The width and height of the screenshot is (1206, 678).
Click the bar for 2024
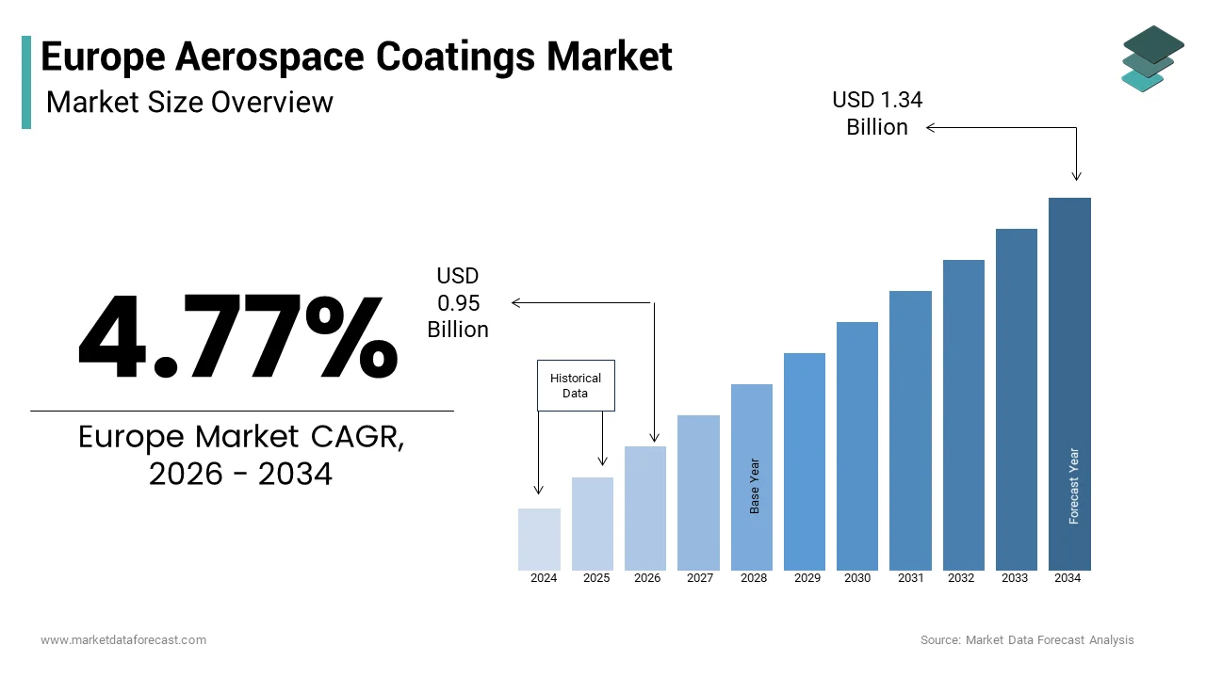pyautogui.click(x=539, y=539)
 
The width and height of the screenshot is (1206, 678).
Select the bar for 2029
pyautogui.click(x=804, y=461)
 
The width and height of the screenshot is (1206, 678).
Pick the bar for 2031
pyautogui.click(x=910, y=430)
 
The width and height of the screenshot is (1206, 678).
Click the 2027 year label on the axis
pyautogui.click(x=699, y=578)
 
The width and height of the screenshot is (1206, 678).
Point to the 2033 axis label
pyautogui.click(x=1015, y=578)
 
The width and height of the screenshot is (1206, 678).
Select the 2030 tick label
pyautogui.click(x=857, y=578)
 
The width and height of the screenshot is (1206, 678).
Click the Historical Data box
pyautogui.click(x=576, y=385)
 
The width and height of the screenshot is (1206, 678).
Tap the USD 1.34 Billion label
pyautogui.click(x=877, y=113)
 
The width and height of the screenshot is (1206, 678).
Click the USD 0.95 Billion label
pyautogui.click(x=458, y=302)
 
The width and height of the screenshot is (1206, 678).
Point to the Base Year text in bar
pyautogui.click(x=755, y=486)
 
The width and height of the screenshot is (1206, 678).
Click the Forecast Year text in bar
pyautogui.click(x=1074, y=486)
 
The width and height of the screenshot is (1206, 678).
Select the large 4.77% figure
pyautogui.click(x=237, y=336)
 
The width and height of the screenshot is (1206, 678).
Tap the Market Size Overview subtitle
pyautogui.click(x=189, y=102)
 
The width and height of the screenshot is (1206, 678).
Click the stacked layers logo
pyautogui.click(x=1152, y=58)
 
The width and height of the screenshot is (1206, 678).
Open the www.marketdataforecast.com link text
pyautogui.click(x=123, y=640)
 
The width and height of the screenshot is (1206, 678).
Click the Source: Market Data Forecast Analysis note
pyautogui.click(x=1027, y=640)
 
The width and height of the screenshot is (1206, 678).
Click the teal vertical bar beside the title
pyautogui.click(x=26, y=82)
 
